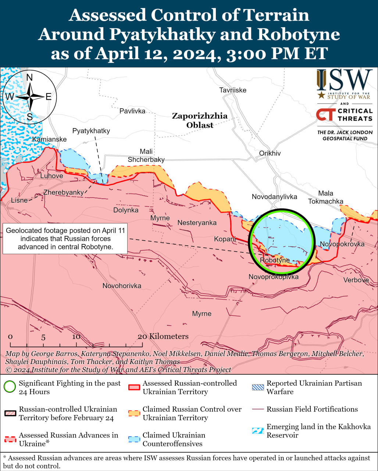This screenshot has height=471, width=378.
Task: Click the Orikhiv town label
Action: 270,153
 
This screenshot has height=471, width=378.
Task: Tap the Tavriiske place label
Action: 232,90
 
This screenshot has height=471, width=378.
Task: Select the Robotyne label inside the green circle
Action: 275,261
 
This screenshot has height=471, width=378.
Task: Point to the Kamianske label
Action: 49,139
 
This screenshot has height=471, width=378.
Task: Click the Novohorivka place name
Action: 122,286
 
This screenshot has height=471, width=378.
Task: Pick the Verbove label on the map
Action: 356,280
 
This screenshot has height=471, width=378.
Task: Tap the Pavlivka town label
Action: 132,111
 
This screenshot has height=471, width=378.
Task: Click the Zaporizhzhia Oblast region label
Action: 200,120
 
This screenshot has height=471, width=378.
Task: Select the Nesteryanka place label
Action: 197,223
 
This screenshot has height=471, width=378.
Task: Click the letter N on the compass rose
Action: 30,77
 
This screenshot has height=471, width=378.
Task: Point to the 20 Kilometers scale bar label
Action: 163,336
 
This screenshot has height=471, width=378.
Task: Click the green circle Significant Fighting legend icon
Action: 10,387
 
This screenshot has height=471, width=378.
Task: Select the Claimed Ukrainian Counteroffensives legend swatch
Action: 134,439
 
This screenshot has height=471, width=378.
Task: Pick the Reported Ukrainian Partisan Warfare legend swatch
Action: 258,387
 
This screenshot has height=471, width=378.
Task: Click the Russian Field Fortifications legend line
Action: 258,409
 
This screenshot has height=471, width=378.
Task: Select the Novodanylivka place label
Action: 274,197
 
